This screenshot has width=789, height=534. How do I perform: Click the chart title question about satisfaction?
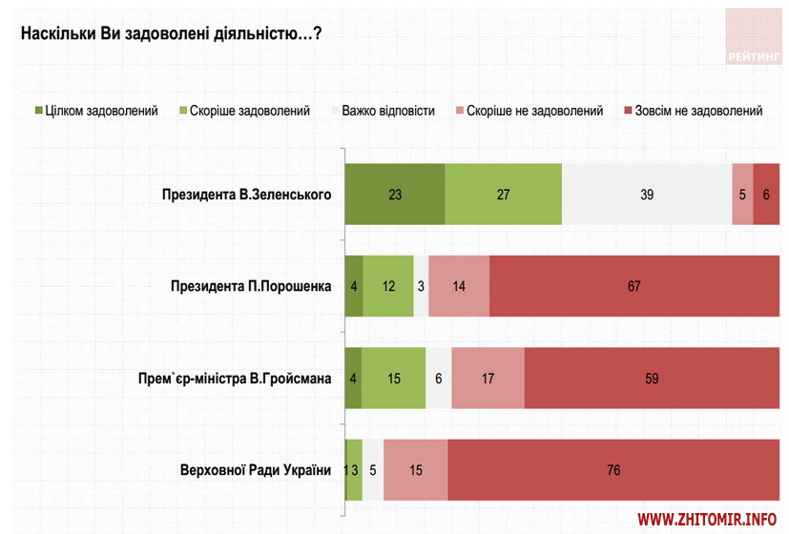(x=171, y=33)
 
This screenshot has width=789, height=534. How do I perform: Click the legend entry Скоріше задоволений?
(x=250, y=111)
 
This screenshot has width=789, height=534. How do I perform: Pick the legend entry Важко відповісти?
(x=382, y=111)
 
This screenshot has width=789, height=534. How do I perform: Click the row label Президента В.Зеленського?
(x=246, y=195)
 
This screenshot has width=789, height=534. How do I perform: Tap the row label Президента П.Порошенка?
(x=250, y=286)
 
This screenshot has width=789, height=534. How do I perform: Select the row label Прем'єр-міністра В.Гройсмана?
(x=236, y=378)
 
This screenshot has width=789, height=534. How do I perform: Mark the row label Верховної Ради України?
(x=255, y=469)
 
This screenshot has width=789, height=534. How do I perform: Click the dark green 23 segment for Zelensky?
(x=394, y=195)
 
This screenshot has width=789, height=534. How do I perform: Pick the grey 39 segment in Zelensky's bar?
(x=647, y=195)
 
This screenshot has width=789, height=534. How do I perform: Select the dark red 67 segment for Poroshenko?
(x=634, y=286)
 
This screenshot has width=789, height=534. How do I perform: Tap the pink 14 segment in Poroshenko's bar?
(x=459, y=286)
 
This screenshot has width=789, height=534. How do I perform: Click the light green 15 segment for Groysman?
(x=393, y=378)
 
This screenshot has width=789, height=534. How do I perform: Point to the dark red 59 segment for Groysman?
(x=652, y=378)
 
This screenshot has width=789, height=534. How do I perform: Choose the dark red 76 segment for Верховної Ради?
(x=613, y=469)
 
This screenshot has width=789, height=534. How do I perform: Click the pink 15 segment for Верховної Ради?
(x=415, y=469)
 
